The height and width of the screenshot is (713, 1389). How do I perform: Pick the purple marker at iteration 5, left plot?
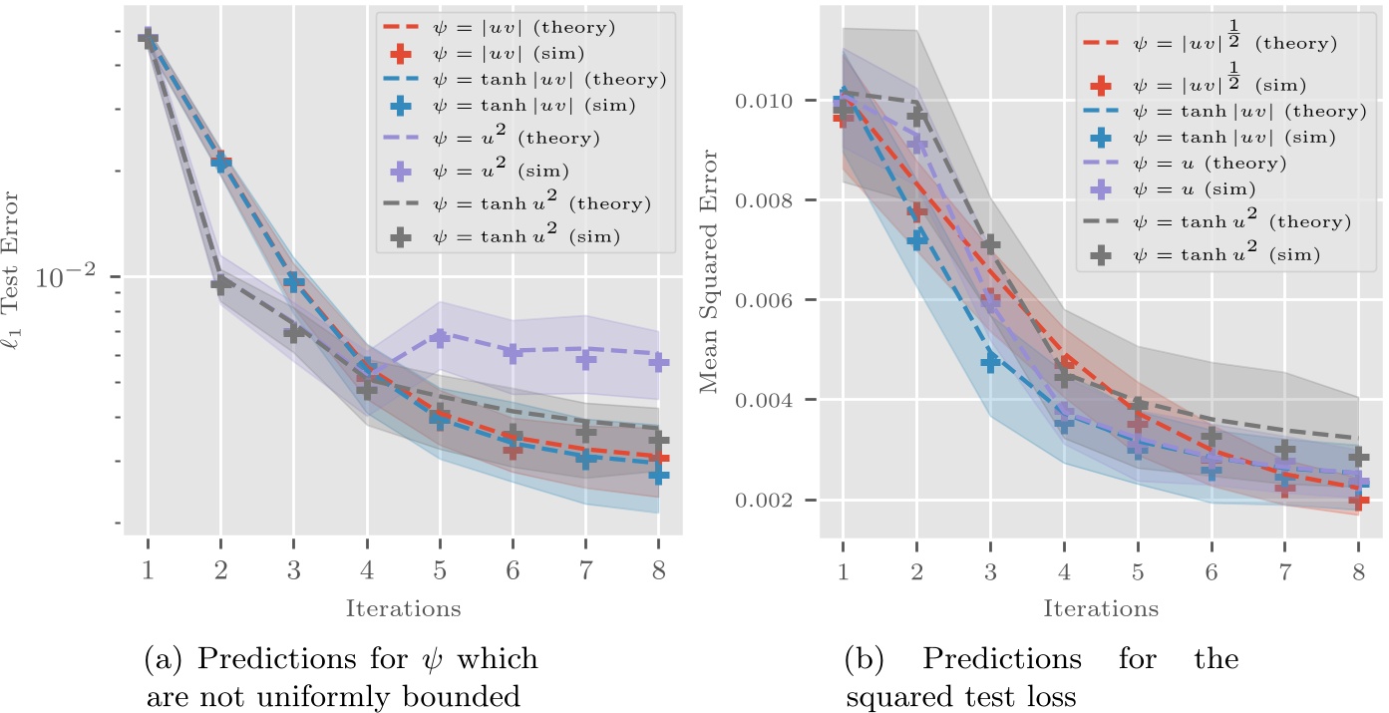(x=440, y=338)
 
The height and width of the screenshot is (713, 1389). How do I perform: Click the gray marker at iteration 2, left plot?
(x=221, y=284)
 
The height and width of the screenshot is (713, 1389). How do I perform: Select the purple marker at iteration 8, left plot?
(x=658, y=361)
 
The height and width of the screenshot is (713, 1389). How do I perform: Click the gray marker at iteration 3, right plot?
(x=989, y=243)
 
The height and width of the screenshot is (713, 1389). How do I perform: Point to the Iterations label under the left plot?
(x=403, y=607)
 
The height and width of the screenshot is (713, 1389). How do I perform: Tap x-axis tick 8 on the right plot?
(x=1358, y=574)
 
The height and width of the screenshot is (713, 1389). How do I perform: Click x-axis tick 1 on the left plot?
(x=148, y=574)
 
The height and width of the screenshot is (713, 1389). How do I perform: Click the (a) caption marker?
(x=163, y=660)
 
